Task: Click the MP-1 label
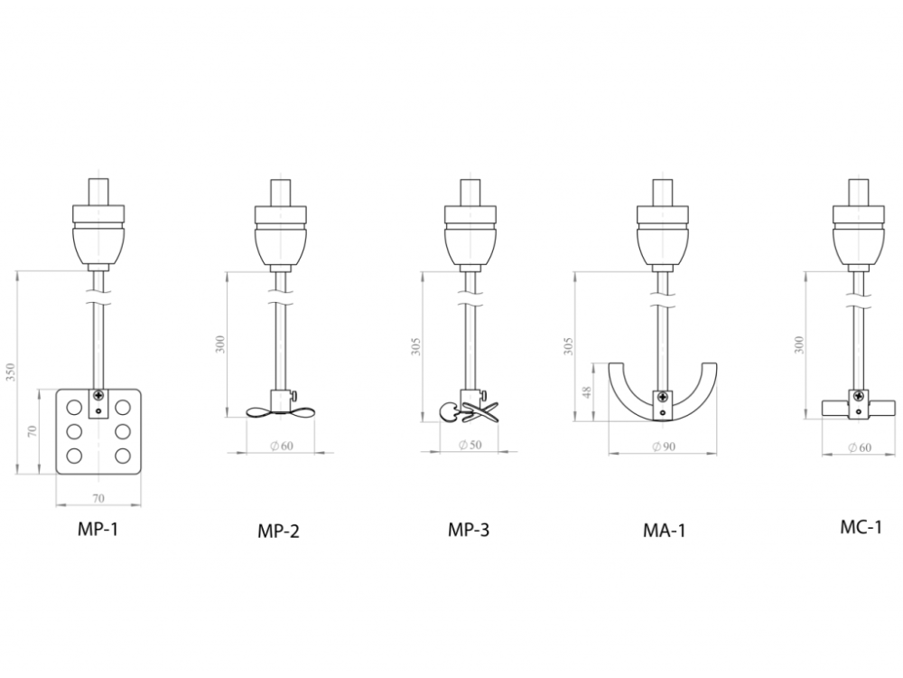[x=98, y=529]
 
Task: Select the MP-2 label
[x=278, y=531]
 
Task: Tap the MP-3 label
[x=468, y=529]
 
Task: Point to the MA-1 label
[x=664, y=530]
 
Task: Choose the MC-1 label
[x=861, y=527]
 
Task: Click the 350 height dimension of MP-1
[x=10, y=372]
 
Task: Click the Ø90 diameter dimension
[x=664, y=447]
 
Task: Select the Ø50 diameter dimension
[x=470, y=445]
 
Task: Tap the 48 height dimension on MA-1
[x=587, y=392]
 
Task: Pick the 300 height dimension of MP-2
[x=220, y=344]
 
